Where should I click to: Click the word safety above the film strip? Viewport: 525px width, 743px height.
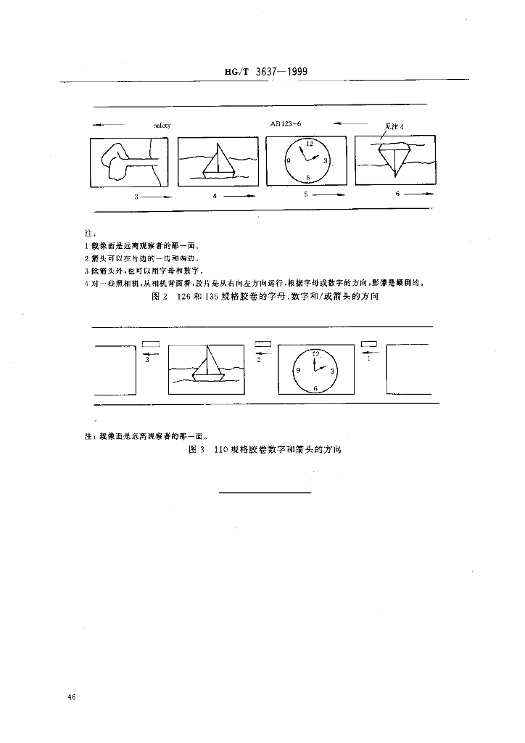click(162, 126)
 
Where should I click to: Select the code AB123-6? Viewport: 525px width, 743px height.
click(286, 124)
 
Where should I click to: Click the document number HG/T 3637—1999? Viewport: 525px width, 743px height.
click(262, 73)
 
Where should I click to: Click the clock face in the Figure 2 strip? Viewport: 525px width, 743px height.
click(307, 160)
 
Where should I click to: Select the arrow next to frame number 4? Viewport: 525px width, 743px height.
click(239, 196)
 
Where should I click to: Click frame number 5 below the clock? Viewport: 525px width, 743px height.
click(306, 194)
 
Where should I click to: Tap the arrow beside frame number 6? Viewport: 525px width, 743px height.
click(421, 194)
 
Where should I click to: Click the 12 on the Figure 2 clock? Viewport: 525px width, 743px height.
click(310, 144)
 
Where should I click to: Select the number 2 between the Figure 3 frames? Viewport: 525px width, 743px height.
click(259, 359)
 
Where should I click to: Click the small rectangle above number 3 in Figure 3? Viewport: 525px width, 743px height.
click(151, 343)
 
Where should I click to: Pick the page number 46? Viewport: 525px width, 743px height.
click(71, 697)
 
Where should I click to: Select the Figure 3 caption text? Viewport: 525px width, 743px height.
click(263, 450)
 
